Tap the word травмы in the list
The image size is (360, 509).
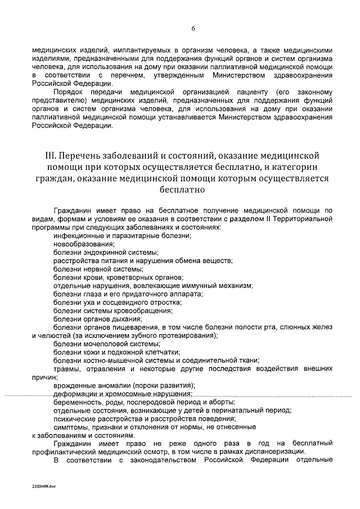pyautogui.click(x=66, y=369)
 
